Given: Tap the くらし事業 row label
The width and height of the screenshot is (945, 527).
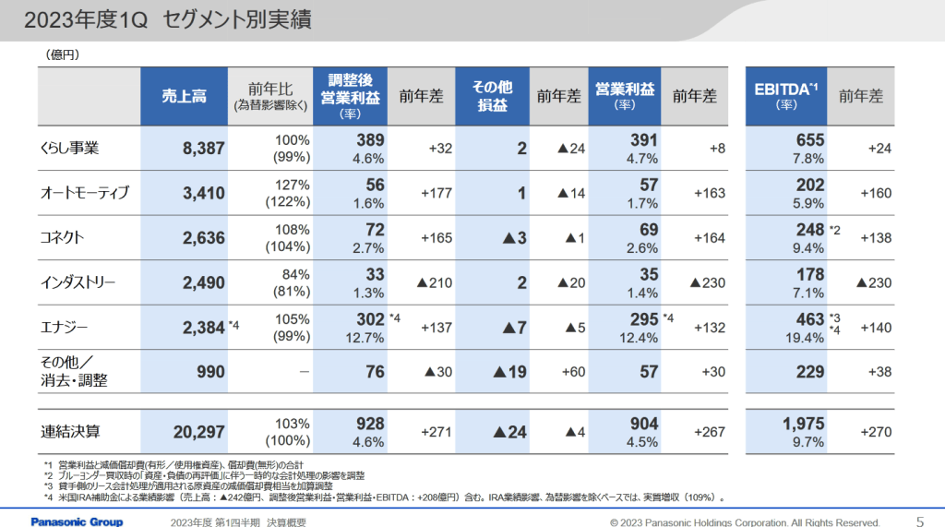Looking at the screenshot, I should [x=70, y=148].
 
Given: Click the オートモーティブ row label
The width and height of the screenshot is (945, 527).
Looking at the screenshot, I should [x=84, y=193].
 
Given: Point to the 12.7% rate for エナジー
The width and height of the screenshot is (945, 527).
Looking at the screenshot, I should [x=367, y=337].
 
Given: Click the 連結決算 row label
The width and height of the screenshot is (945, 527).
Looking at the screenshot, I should [x=70, y=430].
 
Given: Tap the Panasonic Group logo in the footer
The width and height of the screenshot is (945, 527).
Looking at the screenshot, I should [x=77, y=521].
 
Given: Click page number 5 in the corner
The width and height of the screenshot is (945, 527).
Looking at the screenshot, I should [x=919, y=520].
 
